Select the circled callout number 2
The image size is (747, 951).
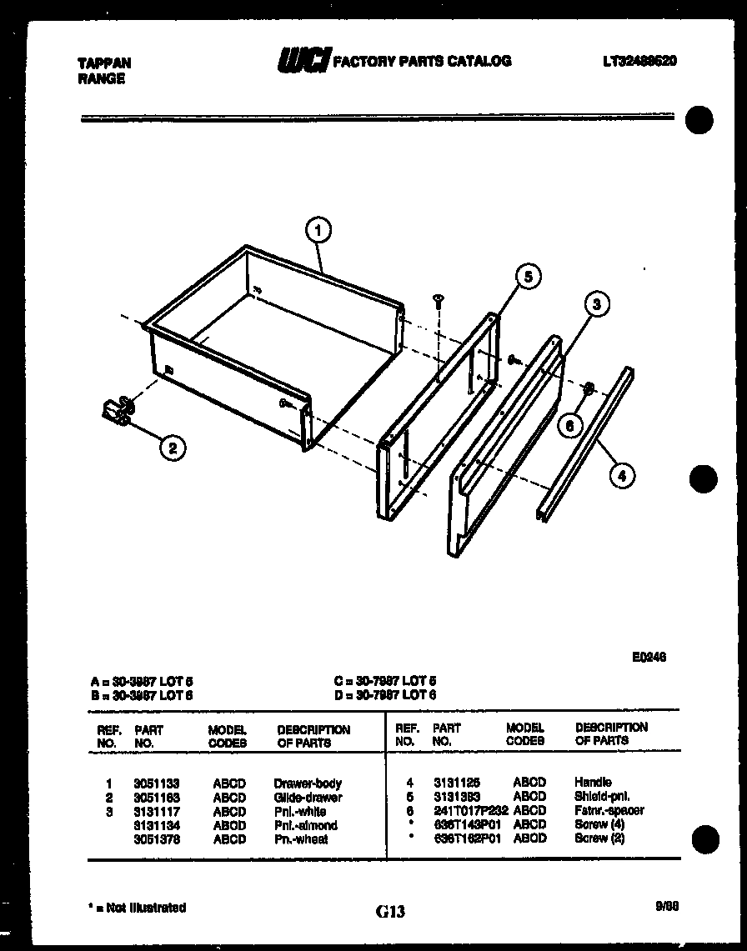tap(172, 448)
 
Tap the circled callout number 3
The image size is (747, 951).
tap(596, 304)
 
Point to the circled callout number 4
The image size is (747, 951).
tap(621, 476)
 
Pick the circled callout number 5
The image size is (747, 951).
tap(528, 276)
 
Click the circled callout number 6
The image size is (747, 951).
tap(570, 425)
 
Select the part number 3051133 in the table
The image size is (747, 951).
tap(156, 783)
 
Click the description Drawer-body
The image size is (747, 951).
tap(308, 783)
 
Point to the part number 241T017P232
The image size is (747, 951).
tap(471, 810)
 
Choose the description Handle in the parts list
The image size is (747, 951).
tap(593, 782)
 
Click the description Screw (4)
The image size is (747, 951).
tap(599, 824)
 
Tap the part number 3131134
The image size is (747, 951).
tap(156, 825)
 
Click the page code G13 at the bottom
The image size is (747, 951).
tap(389, 912)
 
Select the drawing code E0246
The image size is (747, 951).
tap(649, 657)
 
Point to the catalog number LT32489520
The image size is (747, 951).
tap(639, 60)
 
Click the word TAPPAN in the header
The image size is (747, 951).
tap(104, 63)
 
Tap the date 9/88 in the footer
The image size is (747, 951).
tap(668, 907)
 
